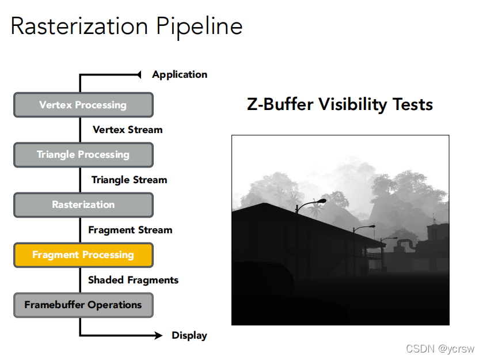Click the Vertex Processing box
tap(83, 105)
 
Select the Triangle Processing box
tap(83, 154)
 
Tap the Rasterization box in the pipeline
tap(83, 204)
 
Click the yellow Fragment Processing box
tap(83, 255)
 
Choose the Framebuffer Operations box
tap(83, 305)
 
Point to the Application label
tap(180, 74)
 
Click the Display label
tap(189, 335)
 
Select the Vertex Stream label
tap(128, 130)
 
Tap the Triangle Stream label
tap(129, 180)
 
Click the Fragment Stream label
tap(130, 230)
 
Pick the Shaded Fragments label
tap(133, 280)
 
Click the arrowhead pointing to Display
tap(159, 335)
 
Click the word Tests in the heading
tap(413, 104)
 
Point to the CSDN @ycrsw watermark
tap(440, 348)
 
